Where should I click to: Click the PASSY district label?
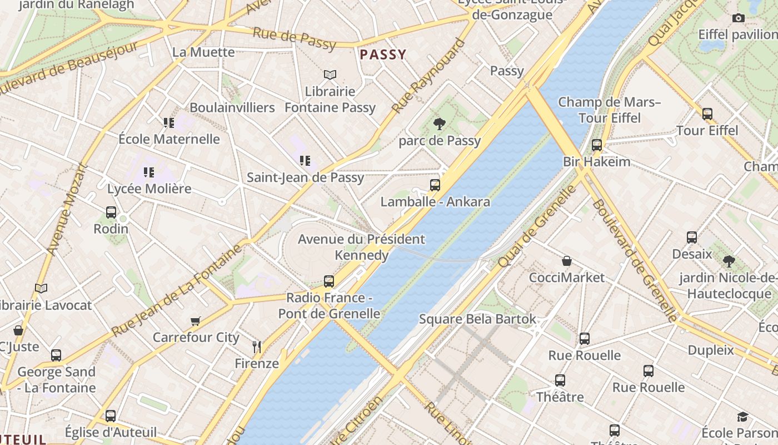click(x=383, y=55)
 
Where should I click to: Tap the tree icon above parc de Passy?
click(x=439, y=124)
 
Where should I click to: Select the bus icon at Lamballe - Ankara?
click(x=435, y=185)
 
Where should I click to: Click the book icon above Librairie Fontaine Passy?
click(x=330, y=75)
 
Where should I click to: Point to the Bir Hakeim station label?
click(x=596, y=162)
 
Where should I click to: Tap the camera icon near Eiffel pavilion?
click(x=738, y=18)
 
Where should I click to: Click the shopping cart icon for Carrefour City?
click(x=196, y=321)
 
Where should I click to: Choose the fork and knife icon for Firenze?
click(x=257, y=347)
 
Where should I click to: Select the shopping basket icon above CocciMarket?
click(x=567, y=261)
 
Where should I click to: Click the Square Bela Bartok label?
click(x=477, y=319)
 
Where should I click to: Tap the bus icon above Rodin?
click(x=111, y=212)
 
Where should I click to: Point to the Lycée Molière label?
click(x=149, y=189)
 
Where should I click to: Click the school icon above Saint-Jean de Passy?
click(x=305, y=161)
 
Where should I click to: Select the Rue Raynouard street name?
click(x=427, y=76)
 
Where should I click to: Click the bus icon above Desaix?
click(x=692, y=238)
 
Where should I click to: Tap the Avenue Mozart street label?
click(x=68, y=209)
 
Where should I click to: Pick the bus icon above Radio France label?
click(x=329, y=281)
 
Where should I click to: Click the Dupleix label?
click(x=710, y=350)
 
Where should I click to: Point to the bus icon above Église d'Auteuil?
click(x=111, y=416)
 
